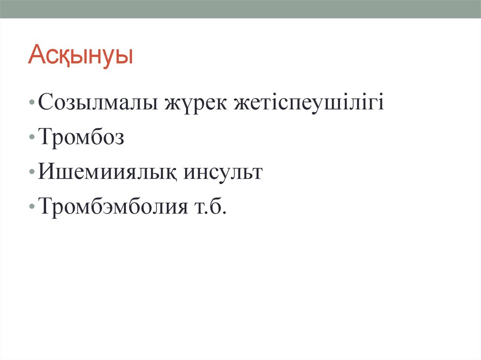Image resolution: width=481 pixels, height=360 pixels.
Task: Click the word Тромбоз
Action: coord(81,137)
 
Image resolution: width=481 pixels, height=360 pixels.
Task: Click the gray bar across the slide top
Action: coord(240,9)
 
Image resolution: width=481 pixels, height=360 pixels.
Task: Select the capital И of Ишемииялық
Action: coord(47,171)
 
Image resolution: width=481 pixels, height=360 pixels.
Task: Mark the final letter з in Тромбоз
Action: coord(119,138)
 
